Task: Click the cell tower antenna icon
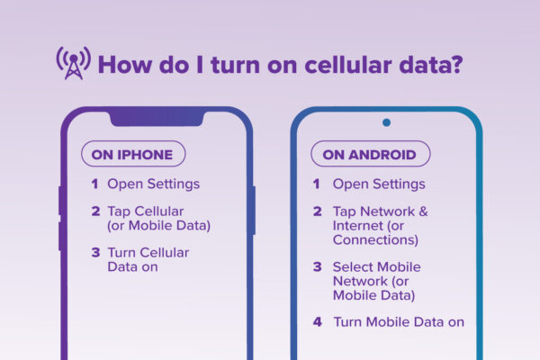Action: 74,63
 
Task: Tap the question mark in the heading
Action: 456,65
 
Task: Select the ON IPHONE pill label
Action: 133,154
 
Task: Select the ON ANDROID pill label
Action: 371,154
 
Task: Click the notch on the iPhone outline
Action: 157,118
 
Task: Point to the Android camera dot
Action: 386,122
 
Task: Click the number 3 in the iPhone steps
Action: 95,253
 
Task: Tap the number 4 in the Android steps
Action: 317,322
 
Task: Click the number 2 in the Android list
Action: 317,211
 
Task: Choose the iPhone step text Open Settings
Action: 154,184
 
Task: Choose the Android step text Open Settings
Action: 379,184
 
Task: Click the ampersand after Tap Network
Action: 423,211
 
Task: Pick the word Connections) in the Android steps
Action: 375,239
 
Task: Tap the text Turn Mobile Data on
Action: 399,322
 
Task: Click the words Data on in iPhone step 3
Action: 132,267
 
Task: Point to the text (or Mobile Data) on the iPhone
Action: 158,226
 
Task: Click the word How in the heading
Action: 124,65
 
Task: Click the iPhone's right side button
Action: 254,211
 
